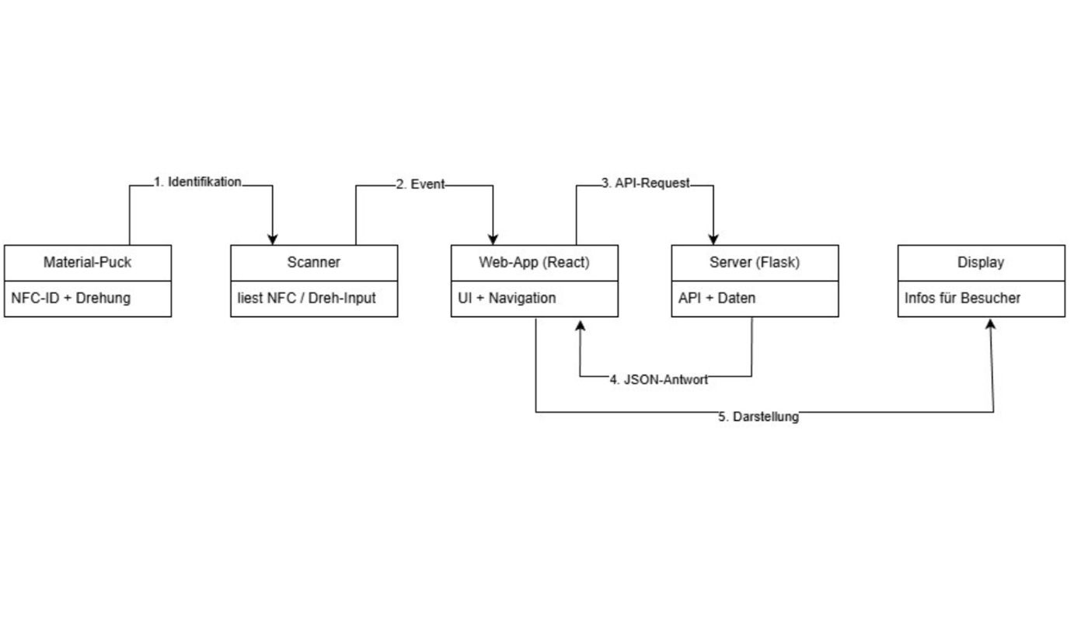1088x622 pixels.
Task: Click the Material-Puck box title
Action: [87, 262]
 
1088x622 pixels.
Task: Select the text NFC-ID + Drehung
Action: [71, 298]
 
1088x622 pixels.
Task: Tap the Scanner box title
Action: [313, 262]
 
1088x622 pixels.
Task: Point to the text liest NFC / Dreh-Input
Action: [306, 298]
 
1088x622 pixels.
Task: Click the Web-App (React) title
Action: [534, 262]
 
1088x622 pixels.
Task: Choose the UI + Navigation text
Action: [507, 298]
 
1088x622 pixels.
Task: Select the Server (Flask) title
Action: [754, 262]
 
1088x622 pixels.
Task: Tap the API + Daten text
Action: [717, 298]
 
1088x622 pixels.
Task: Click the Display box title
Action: [981, 262]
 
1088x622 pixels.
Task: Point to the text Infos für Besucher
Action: [962, 298]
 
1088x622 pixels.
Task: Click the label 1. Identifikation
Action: [197, 182]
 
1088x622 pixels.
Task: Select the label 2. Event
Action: [420, 185]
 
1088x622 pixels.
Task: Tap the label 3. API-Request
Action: [646, 184]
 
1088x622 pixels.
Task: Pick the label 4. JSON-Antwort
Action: [658, 380]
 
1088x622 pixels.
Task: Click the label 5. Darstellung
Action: [758, 417]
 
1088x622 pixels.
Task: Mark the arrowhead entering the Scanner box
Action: [273, 239]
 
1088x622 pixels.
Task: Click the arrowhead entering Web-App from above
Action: [493, 239]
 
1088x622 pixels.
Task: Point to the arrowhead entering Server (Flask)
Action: [714, 239]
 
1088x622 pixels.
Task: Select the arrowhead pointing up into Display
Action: [990, 323]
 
